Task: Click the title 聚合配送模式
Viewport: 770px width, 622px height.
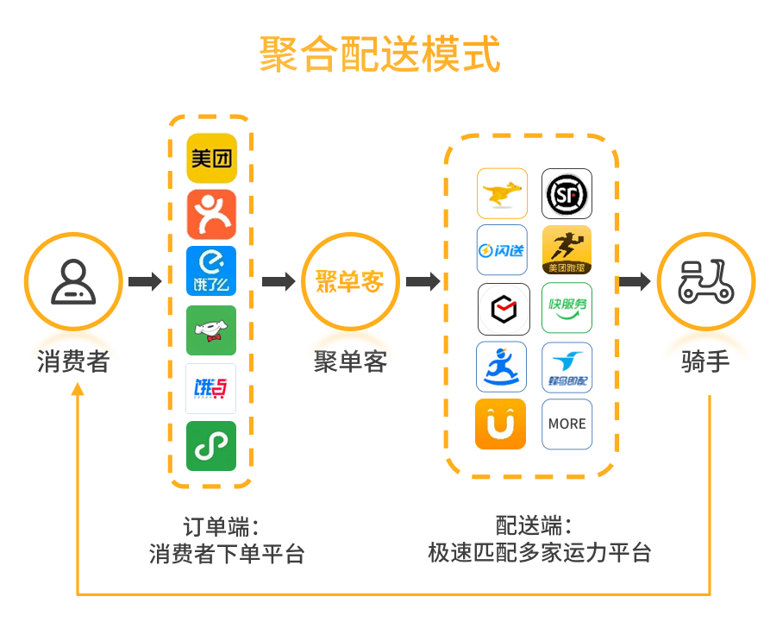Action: [380, 54]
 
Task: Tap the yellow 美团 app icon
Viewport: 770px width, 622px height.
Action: [211, 158]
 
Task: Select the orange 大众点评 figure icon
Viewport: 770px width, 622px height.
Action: [211, 215]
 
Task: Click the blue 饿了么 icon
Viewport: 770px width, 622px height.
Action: [211, 271]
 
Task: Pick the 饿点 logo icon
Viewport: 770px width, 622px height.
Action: [211, 388]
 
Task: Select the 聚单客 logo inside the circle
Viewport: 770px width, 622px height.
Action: [349, 281]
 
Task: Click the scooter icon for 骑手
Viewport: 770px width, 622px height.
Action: [705, 281]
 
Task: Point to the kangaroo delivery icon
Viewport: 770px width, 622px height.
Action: [502, 193]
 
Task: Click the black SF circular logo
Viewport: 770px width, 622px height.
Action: [567, 193]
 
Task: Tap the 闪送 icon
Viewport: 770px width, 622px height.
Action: [502, 250]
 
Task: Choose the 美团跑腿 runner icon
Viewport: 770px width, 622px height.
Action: [567, 250]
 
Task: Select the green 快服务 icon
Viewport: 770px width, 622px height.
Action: [567, 308]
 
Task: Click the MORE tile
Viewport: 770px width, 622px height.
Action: [567, 424]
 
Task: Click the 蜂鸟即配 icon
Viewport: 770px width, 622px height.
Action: [567, 367]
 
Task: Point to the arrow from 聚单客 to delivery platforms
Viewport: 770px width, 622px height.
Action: [423, 281]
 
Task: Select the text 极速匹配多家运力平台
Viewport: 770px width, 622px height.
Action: [539, 552]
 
